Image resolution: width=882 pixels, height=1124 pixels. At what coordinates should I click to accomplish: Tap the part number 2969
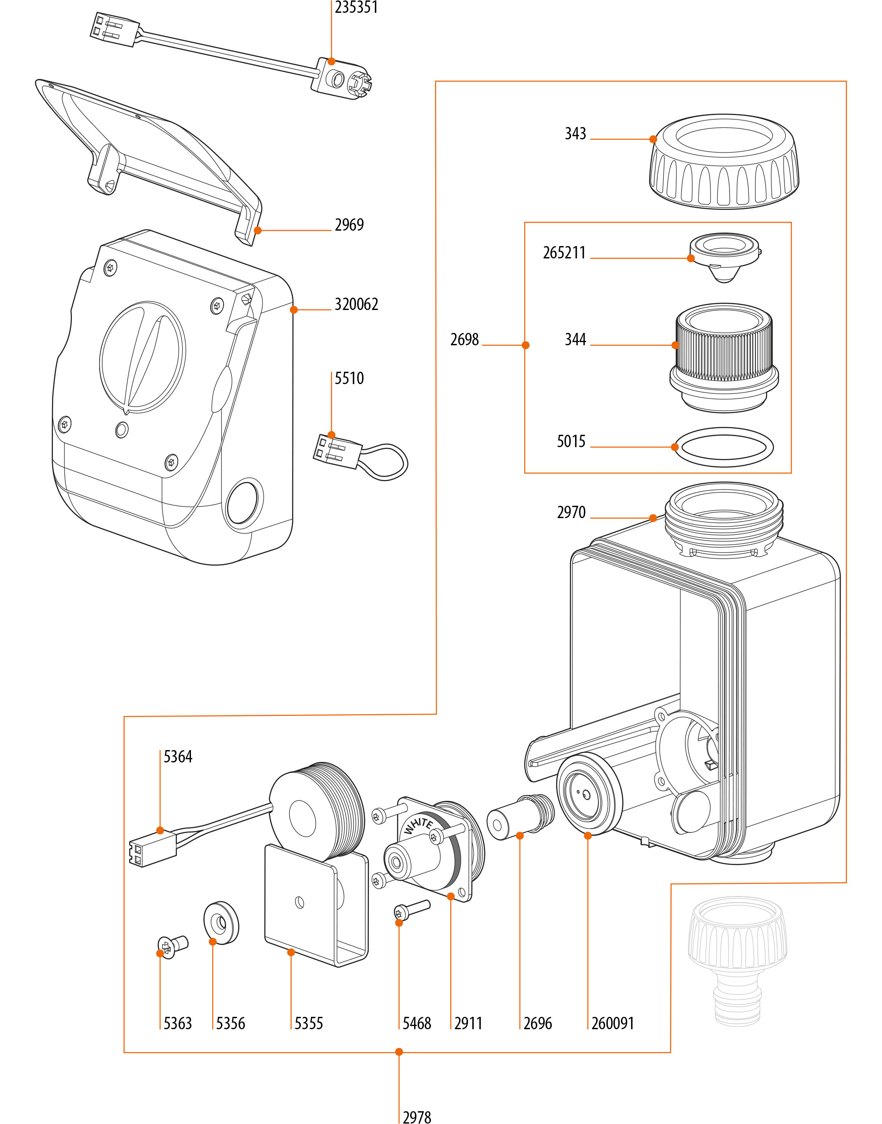point(349,225)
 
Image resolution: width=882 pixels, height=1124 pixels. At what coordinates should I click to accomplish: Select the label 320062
point(356,305)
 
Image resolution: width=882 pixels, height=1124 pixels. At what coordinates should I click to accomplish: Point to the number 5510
point(349,378)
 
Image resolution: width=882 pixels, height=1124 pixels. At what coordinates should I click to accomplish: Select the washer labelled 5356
point(221,923)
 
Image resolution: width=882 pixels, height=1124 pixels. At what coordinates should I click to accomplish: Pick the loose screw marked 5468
point(411,910)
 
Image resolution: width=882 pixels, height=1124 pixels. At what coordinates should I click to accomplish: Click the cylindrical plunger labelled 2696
point(519,817)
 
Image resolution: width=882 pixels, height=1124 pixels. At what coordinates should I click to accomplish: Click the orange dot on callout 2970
point(653,518)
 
